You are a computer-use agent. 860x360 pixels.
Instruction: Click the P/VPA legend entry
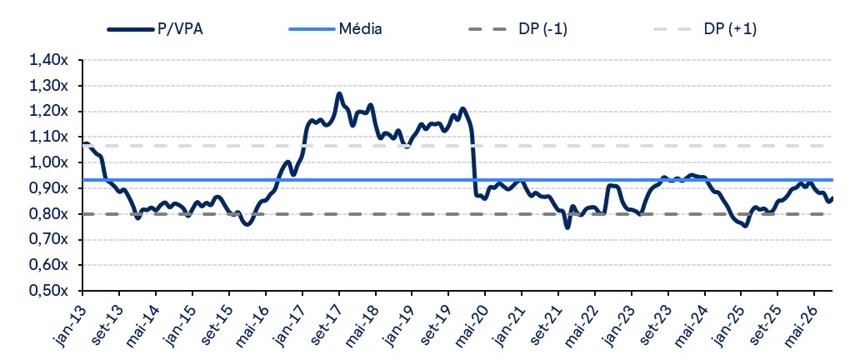[155, 29]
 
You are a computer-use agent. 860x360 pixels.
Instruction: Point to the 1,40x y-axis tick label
[49, 60]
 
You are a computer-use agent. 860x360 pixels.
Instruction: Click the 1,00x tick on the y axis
[49, 162]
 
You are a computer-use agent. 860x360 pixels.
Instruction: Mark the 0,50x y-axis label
[49, 290]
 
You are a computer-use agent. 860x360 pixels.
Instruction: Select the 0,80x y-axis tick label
[49, 214]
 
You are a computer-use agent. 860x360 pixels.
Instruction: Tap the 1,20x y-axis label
[49, 112]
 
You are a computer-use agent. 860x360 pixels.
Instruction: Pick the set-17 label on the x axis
[325, 323]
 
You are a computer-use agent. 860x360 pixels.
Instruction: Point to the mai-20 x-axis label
[470, 324]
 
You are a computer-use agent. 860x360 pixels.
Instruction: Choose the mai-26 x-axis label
[799, 324]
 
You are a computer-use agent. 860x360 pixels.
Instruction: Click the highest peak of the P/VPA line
[339, 94]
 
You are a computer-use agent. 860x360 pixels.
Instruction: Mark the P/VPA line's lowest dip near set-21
[567, 227]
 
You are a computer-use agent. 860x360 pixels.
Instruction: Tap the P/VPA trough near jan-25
[744, 226]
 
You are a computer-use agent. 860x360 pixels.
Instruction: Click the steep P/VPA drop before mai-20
[472, 159]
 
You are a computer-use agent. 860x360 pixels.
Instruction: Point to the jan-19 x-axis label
[398, 323]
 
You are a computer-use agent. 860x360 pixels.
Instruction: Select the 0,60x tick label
[49, 265]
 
